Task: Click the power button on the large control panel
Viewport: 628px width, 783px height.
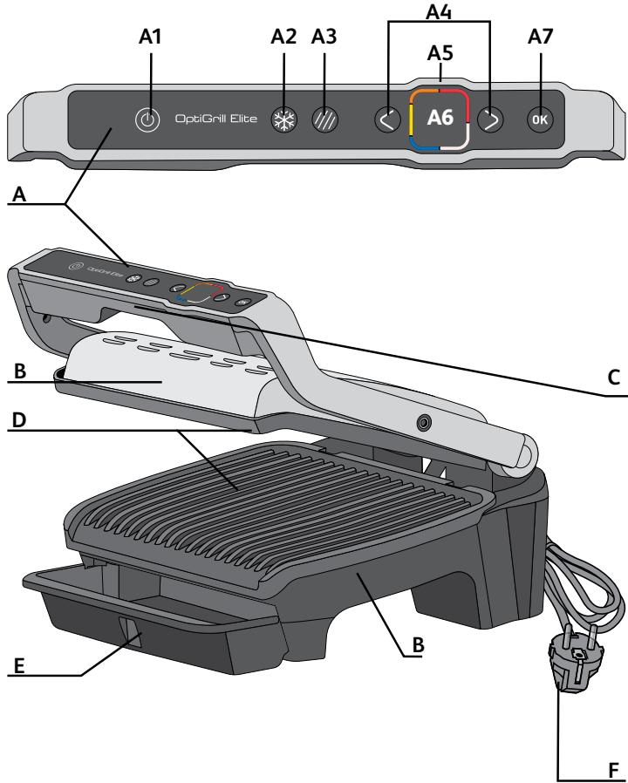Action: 148,120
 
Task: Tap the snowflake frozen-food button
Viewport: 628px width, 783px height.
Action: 283,120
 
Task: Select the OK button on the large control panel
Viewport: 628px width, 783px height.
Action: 540,121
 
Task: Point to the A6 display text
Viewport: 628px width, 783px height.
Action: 440,119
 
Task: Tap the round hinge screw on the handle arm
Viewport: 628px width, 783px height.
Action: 425,422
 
